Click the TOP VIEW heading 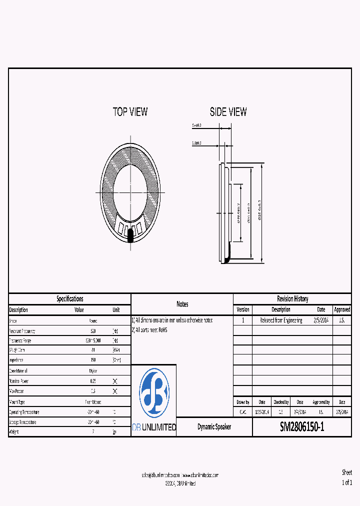130,112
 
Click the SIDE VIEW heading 228,112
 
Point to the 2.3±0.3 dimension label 196,143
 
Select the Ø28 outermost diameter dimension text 259,210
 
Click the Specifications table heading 69,299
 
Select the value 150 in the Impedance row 93,360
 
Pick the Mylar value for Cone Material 93,371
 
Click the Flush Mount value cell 93,402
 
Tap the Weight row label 14,432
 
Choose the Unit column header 116,310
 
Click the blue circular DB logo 154,392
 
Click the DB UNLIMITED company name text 154,427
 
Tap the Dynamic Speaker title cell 214,427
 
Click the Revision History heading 292,299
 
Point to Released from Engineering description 280,320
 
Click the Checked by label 280,402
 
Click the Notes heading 182,304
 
